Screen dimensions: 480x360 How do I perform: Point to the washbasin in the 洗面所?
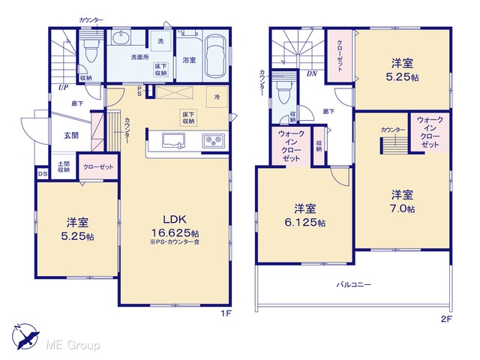[121, 38]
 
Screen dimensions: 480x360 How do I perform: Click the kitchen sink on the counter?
[173, 141]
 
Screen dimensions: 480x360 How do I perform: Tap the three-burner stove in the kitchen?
[213, 141]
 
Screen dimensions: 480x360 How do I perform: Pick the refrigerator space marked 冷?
[217, 97]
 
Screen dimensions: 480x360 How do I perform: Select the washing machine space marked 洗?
[160, 40]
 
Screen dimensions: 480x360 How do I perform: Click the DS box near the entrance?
[43, 174]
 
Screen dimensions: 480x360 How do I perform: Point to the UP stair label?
[63, 88]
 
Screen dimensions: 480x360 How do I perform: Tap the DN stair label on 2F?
[312, 73]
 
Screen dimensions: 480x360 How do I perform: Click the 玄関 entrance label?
[71, 135]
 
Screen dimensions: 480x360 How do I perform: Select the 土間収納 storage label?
[63, 166]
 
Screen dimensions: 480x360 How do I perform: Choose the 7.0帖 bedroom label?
[402, 202]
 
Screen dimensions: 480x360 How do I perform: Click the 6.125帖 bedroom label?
[305, 215]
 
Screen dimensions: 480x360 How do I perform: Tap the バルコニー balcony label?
[354, 285]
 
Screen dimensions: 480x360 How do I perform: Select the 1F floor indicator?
[226, 313]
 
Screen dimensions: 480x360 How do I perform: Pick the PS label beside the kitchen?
[139, 91]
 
